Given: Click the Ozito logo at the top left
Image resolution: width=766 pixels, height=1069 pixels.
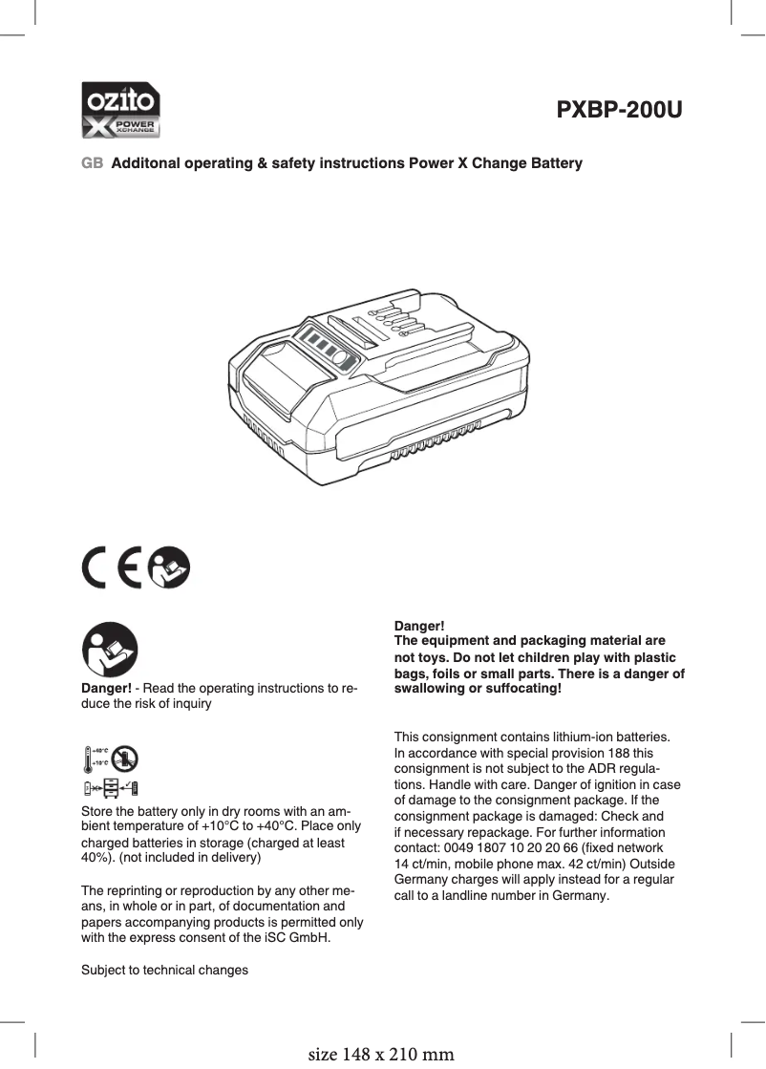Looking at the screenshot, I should pyautogui.click(x=119, y=110).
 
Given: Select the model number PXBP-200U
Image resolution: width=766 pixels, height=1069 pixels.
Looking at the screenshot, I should pyautogui.click(x=619, y=110).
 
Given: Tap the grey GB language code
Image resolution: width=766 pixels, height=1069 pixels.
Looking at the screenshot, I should pyautogui.click(x=92, y=163).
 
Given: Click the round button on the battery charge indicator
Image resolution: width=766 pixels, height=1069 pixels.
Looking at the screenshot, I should pyautogui.click(x=343, y=360).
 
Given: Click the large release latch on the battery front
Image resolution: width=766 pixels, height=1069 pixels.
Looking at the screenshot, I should pyautogui.click(x=282, y=377).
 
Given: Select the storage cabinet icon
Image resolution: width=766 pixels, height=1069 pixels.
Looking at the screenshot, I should pyautogui.click(x=111, y=787).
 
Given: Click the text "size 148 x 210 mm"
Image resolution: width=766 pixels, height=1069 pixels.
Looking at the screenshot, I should pyautogui.click(x=381, y=1055).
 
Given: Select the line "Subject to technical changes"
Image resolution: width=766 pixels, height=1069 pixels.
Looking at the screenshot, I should pyautogui.click(x=164, y=970).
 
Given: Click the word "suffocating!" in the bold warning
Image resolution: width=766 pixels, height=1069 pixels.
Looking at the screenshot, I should pyautogui.click(x=522, y=689).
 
